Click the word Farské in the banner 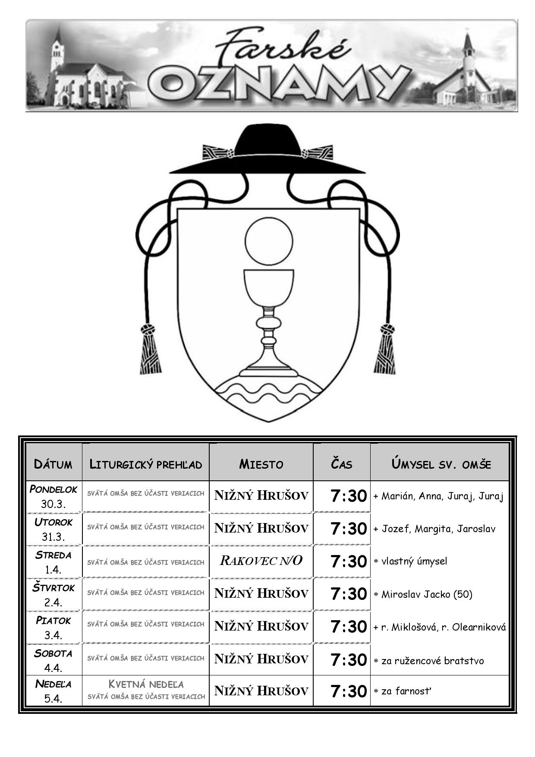[283, 47]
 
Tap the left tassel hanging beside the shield [149, 349]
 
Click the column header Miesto [261, 464]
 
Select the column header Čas [342, 464]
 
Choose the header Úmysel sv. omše [441, 464]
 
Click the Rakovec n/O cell [261, 561]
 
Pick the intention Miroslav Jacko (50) [427, 594]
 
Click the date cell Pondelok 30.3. [53, 497]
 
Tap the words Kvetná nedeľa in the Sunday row [146, 684]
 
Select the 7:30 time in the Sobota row [349, 659]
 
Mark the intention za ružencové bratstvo [429, 661]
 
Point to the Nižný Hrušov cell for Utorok [261, 528]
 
